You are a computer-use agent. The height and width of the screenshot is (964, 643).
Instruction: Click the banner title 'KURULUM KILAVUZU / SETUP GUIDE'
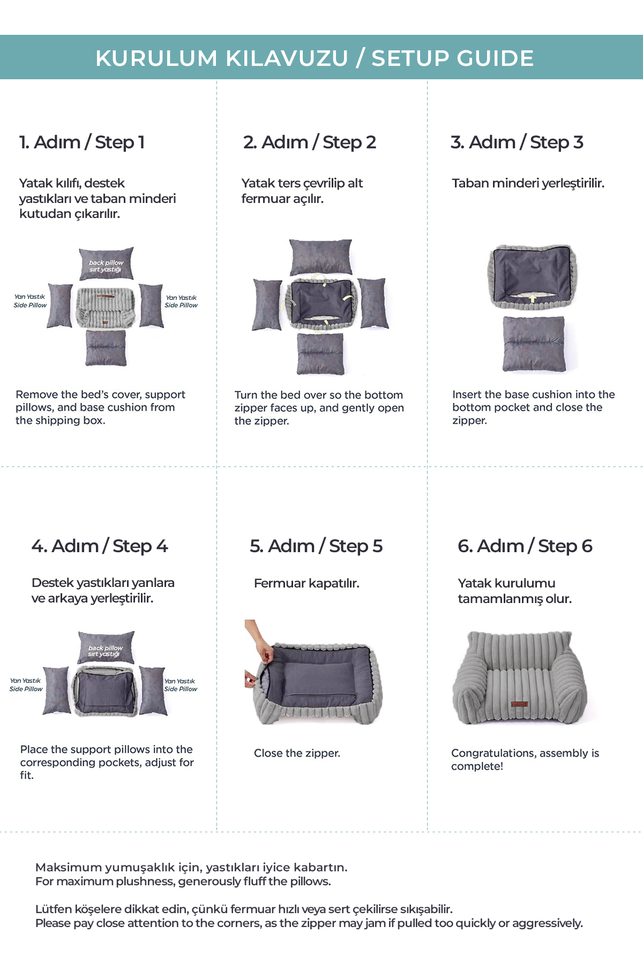pos(315,58)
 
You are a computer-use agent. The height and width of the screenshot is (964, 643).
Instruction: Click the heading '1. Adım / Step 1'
pos(82,142)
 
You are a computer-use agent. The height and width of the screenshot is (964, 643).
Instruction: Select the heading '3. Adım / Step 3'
pos(517,142)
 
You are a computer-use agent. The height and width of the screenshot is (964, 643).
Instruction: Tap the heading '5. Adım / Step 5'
pos(316,546)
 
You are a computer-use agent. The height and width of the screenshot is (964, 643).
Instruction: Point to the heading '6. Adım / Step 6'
pos(525,546)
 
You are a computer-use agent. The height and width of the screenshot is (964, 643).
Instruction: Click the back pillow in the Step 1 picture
pos(106,263)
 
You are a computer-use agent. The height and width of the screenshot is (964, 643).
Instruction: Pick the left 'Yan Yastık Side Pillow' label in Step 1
pos(30,301)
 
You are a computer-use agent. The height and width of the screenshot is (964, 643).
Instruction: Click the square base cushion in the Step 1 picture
pos(106,348)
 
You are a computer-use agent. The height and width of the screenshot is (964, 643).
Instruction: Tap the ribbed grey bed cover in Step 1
pos(106,307)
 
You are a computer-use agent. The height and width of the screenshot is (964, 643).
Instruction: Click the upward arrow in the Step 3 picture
pos(533,297)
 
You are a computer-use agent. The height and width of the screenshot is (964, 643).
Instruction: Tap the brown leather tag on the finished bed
pos(519,704)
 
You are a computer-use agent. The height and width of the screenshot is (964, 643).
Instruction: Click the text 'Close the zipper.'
pos(297,753)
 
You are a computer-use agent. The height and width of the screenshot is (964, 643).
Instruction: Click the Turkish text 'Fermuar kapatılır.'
pos(306,583)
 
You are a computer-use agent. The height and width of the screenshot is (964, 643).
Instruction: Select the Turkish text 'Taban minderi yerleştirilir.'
pos(528,184)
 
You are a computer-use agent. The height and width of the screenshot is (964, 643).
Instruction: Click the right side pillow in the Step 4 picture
pos(153,691)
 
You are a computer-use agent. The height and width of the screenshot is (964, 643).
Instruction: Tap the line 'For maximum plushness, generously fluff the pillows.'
pos(183,882)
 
